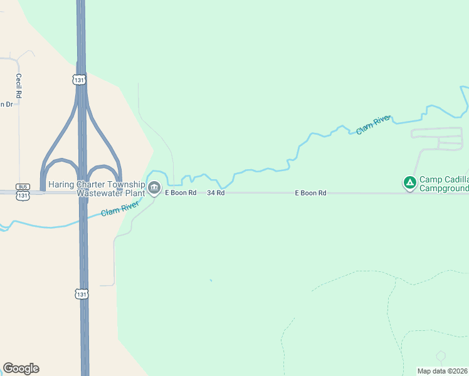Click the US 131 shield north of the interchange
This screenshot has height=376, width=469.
click(x=78, y=80)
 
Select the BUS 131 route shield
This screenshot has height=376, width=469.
click(x=23, y=191)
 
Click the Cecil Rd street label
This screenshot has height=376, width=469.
click(x=19, y=85)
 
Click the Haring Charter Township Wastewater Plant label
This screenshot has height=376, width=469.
click(x=100, y=189)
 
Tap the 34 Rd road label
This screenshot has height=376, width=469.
click(x=216, y=193)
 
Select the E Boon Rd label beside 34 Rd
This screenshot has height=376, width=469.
click(x=181, y=193)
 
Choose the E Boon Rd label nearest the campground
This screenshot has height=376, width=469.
click(x=310, y=193)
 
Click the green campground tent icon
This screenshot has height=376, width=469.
click(x=409, y=183)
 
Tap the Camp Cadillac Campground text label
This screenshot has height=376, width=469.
click(x=443, y=184)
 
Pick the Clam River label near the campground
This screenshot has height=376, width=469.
click(x=373, y=124)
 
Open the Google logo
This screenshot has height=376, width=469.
click(x=21, y=368)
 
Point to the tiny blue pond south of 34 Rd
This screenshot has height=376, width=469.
click(x=211, y=280)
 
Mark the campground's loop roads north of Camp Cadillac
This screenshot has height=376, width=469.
click(x=436, y=138)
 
